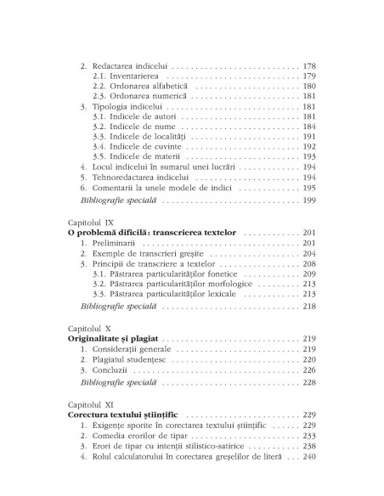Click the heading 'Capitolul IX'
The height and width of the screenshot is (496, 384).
click(90, 220)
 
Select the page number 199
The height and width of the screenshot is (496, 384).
click(309, 200)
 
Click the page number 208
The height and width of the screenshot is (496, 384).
click(309, 262)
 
